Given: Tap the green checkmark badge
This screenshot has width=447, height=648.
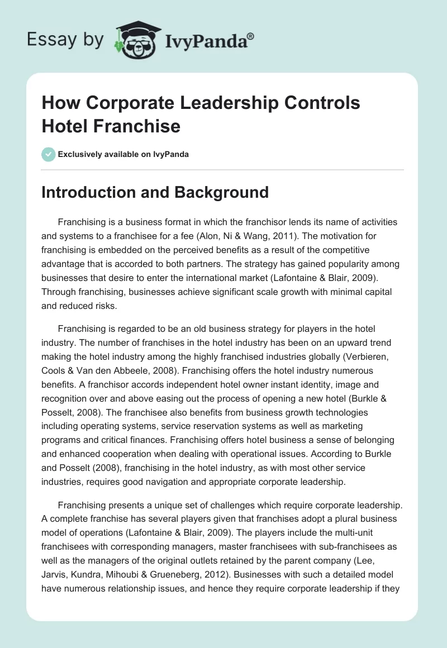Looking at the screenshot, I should coord(48,154).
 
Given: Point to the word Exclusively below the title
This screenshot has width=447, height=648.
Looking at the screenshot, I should coord(80,154).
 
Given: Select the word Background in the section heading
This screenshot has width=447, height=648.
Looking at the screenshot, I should coord(222,193).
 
